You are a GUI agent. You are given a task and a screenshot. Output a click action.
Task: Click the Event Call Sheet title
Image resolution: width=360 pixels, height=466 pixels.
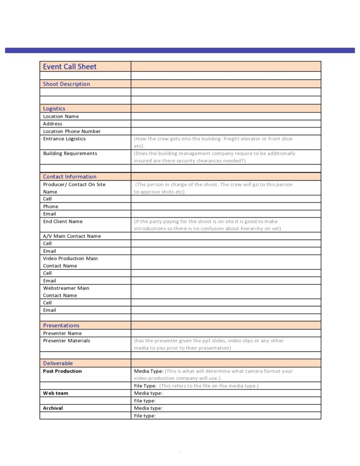[x=69, y=67]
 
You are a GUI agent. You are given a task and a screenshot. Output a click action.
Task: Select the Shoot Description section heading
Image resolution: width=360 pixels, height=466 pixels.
[x=66, y=84]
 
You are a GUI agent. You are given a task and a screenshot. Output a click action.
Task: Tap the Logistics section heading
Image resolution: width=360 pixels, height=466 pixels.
[x=54, y=108]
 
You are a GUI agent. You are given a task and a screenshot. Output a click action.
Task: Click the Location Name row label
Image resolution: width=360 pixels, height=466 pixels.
[x=61, y=116]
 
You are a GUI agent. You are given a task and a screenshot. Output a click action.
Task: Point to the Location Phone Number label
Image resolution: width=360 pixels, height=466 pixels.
[x=72, y=131]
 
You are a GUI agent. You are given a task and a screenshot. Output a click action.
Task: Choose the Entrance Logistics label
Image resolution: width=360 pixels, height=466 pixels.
[x=64, y=139]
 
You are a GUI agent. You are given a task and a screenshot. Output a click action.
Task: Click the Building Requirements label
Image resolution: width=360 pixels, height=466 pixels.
[x=70, y=153]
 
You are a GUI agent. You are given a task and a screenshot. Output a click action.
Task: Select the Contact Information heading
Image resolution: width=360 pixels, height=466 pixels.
[x=69, y=177]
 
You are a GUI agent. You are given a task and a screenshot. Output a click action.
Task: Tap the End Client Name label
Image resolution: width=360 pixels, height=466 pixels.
[x=62, y=221]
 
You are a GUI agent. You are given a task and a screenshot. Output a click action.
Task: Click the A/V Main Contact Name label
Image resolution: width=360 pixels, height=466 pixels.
[x=72, y=236]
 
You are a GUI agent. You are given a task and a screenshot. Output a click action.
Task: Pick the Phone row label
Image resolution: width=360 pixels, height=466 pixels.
[x=51, y=206]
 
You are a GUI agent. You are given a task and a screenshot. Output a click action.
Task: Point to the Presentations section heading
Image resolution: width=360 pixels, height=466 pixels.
[x=61, y=325]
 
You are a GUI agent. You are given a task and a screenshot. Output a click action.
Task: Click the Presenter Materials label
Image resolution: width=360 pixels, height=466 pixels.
[x=67, y=341]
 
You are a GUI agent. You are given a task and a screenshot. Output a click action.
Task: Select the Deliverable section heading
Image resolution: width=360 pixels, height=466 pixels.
[x=58, y=363]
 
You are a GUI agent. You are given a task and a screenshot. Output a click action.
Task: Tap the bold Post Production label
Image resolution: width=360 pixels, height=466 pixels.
[x=62, y=371]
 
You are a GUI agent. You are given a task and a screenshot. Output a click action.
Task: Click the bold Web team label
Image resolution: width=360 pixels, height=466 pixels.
[x=55, y=393]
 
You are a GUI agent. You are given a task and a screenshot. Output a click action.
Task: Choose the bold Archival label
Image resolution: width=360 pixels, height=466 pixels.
[x=53, y=408]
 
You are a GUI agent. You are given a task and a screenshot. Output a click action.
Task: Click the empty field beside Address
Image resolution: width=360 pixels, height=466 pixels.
[x=225, y=124]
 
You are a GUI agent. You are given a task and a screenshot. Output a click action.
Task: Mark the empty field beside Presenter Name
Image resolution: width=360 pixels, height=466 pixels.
[x=225, y=333]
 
